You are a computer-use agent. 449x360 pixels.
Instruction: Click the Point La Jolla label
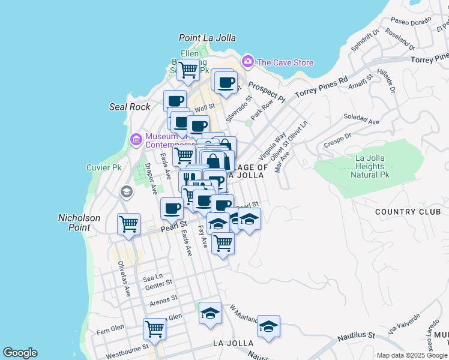pyautogui.click(x=207, y=38)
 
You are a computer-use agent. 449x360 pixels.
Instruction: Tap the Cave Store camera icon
pyautogui.click(x=247, y=61)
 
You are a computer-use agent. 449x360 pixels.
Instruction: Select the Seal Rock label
pyautogui.click(x=130, y=107)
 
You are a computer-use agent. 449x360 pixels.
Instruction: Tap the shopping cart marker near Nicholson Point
pyautogui.click(x=129, y=224)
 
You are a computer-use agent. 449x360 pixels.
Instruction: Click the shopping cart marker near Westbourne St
pyautogui.click(x=154, y=329)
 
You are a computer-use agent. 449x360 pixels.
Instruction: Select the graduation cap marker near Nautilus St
pyautogui.click(x=268, y=326)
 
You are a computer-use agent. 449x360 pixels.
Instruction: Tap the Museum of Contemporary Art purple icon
pyautogui.click(x=136, y=140)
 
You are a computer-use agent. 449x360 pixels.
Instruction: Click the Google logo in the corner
pyautogui.click(x=20, y=353)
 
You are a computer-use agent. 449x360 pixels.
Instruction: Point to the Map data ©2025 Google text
pyautogui.click(x=412, y=355)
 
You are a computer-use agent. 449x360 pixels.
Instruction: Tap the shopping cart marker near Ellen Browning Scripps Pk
pyautogui.click(x=188, y=70)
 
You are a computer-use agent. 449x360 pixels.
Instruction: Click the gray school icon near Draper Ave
pyautogui.click(x=126, y=191)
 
